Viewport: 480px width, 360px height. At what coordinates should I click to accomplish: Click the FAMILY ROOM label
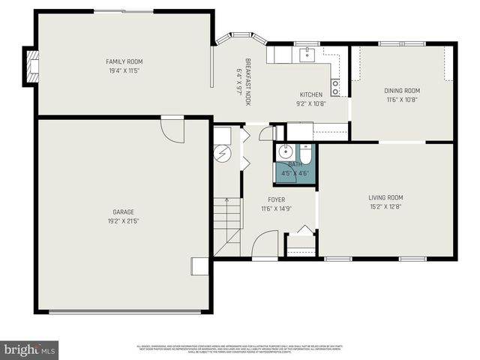[x=124, y=61]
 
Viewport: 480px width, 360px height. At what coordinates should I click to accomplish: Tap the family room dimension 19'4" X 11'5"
[x=124, y=70]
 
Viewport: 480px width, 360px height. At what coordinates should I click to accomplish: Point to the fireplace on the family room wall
[x=32, y=66]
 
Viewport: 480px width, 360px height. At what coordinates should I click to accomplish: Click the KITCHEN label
[x=310, y=94]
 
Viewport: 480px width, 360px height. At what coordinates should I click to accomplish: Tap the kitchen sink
[x=307, y=54]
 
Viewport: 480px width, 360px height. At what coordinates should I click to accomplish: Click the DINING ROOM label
[x=402, y=91]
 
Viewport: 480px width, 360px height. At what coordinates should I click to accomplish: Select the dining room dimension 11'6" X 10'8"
[x=402, y=99]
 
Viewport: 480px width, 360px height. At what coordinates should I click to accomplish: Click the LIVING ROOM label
[x=385, y=198]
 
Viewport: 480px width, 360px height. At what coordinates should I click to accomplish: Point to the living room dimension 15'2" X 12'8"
[x=385, y=206]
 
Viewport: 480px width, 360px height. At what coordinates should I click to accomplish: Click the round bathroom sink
[x=285, y=152]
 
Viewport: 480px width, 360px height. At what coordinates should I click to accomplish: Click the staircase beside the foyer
[x=227, y=225]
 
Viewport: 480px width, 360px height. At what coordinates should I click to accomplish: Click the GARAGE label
[x=124, y=212]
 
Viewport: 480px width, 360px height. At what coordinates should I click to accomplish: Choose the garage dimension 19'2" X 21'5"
[x=124, y=221]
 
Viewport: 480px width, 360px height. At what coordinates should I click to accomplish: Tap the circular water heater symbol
[x=223, y=154]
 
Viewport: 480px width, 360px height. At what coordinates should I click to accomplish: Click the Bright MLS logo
[x=30, y=349]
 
